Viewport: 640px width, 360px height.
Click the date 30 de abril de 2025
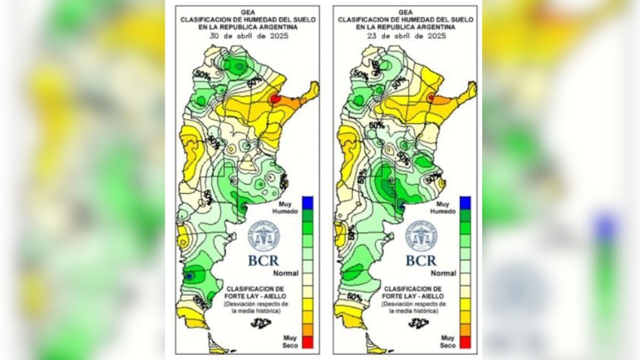pyautogui.click(x=247, y=36)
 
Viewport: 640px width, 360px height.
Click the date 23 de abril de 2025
pyautogui.click(x=405, y=36)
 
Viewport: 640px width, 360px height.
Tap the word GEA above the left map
pyautogui.click(x=247, y=11)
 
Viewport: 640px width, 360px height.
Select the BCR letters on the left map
pyautogui.click(x=263, y=261)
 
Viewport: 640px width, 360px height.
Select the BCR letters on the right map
pyautogui.click(x=421, y=261)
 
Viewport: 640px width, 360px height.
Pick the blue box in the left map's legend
pyautogui.click(x=308, y=203)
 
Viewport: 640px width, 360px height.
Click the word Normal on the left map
pyautogui.click(x=286, y=273)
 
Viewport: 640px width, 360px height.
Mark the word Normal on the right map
pyautogui.click(x=443, y=273)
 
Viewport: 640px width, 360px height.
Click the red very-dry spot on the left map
pyautogui.click(x=274, y=98)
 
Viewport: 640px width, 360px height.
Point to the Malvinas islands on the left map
pyautogui.click(x=261, y=323)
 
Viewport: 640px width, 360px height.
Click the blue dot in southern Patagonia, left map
pyautogui.click(x=188, y=276)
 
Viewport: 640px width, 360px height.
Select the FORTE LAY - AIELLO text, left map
pyautogui.click(x=258, y=296)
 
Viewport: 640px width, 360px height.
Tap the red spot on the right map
pyautogui.click(x=431, y=97)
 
